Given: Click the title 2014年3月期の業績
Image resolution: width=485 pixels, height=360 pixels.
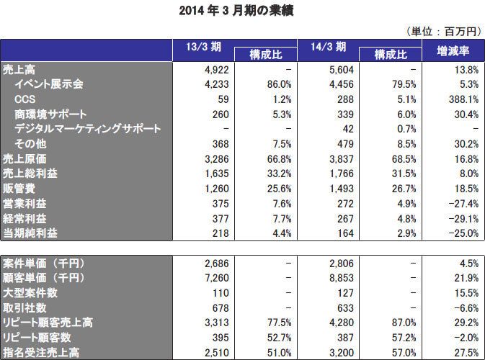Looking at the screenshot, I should tap(242, 11).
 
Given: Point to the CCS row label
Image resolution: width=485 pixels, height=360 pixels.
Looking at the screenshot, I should tap(25, 99).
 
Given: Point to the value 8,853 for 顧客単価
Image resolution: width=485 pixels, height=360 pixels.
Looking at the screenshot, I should tap(337, 277).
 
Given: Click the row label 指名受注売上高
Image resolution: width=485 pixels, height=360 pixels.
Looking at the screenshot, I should tap(43, 352).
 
